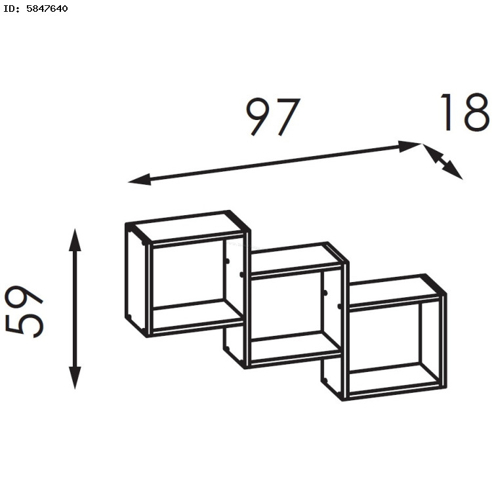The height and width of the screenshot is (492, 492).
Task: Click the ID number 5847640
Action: (x=47, y=9)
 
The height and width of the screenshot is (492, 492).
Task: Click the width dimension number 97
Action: (x=273, y=117)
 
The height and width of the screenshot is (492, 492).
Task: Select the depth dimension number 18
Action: (x=464, y=112)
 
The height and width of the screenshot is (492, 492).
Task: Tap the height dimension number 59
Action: (x=24, y=312)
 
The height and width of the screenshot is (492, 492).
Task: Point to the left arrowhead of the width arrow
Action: (x=140, y=180)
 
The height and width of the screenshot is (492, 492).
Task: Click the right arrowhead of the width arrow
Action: (x=410, y=146)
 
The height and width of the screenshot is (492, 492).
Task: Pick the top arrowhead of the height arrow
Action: (x=75, y=240)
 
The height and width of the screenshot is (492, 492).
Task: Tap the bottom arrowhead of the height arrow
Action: (x=75, y=378)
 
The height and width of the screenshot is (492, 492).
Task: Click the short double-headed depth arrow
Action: (x=443, y=161)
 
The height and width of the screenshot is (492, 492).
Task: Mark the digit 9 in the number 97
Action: (x=259, y=117)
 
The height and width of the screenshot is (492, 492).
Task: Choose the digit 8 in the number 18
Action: (x=476, y=112)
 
